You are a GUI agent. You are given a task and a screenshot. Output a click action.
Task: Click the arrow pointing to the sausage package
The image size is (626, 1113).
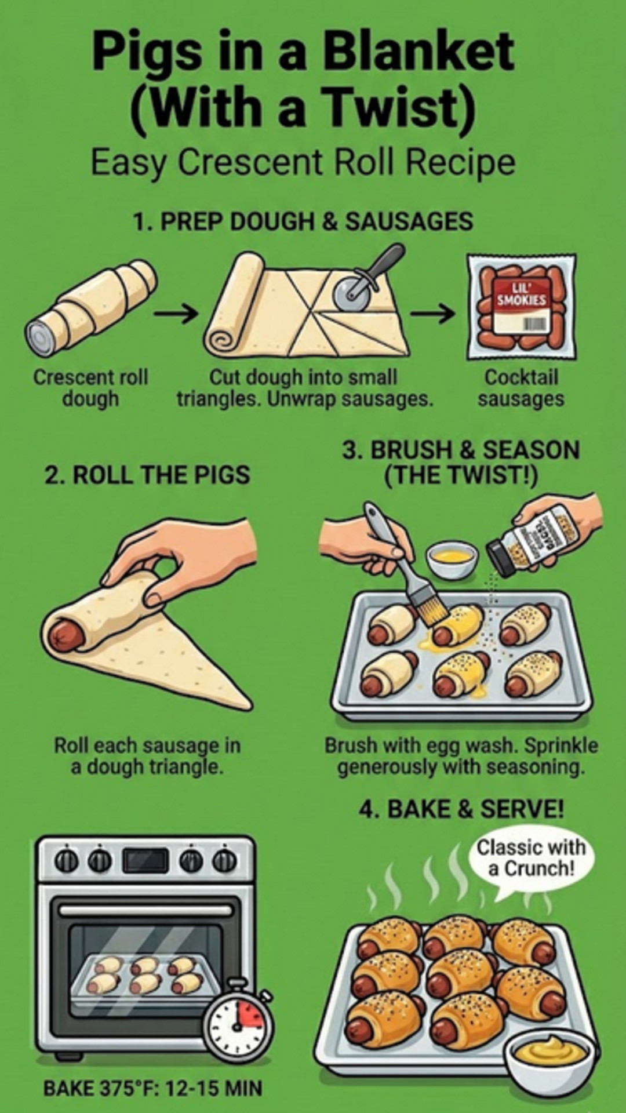432,314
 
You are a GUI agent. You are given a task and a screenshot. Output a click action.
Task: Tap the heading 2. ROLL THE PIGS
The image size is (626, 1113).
147,475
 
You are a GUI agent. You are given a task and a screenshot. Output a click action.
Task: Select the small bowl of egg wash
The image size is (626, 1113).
452,559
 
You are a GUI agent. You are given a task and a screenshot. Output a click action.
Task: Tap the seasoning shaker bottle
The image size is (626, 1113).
536,540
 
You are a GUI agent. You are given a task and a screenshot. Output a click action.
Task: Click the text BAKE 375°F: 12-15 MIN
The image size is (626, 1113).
153,1088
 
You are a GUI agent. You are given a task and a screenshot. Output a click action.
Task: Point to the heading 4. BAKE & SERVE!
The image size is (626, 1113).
461,809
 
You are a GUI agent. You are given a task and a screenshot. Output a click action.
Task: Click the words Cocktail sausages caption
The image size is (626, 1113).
521,388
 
